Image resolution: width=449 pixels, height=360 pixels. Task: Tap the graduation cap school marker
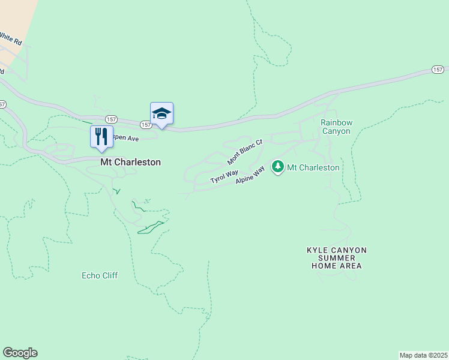point(161,113)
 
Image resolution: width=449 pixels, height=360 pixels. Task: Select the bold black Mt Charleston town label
point(130,162)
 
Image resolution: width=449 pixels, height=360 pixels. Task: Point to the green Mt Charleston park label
point(313,167)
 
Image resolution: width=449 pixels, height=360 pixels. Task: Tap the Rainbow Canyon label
point(336,127)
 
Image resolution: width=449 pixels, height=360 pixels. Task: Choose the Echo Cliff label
point(100,275)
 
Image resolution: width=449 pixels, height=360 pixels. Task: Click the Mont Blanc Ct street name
point(246,152)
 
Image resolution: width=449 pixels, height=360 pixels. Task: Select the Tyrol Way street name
point(224,176)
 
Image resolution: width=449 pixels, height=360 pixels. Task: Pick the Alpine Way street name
point(250,176)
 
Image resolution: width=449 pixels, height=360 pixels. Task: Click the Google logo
point(20,353)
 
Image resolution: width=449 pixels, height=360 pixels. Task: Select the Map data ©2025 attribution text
point(423,355)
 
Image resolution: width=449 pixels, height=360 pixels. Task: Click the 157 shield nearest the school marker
point(146,124)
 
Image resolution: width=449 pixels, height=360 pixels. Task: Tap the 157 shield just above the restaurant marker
point(110,119)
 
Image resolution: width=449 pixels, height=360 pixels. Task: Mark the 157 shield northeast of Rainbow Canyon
point(438,70)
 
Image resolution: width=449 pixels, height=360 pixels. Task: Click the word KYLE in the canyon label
point(319,250)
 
